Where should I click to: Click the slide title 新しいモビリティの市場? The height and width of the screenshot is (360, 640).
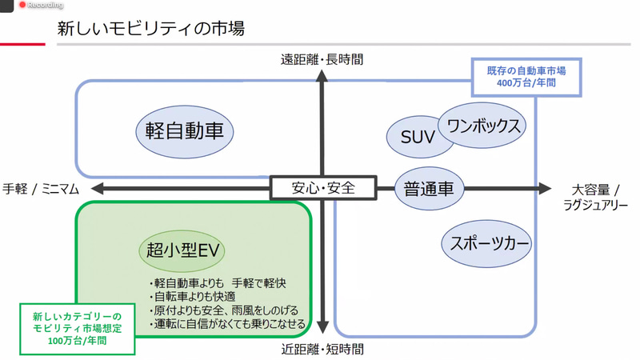(150, 30)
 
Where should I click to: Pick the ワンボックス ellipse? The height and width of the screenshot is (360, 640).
(483, 125)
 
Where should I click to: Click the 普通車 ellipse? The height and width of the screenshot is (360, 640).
(429, 189)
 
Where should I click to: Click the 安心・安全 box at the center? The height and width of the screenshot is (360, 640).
(323, 189)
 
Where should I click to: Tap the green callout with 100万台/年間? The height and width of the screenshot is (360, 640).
(77, 328)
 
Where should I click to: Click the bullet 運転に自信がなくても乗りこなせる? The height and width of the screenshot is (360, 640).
(228, 324)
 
